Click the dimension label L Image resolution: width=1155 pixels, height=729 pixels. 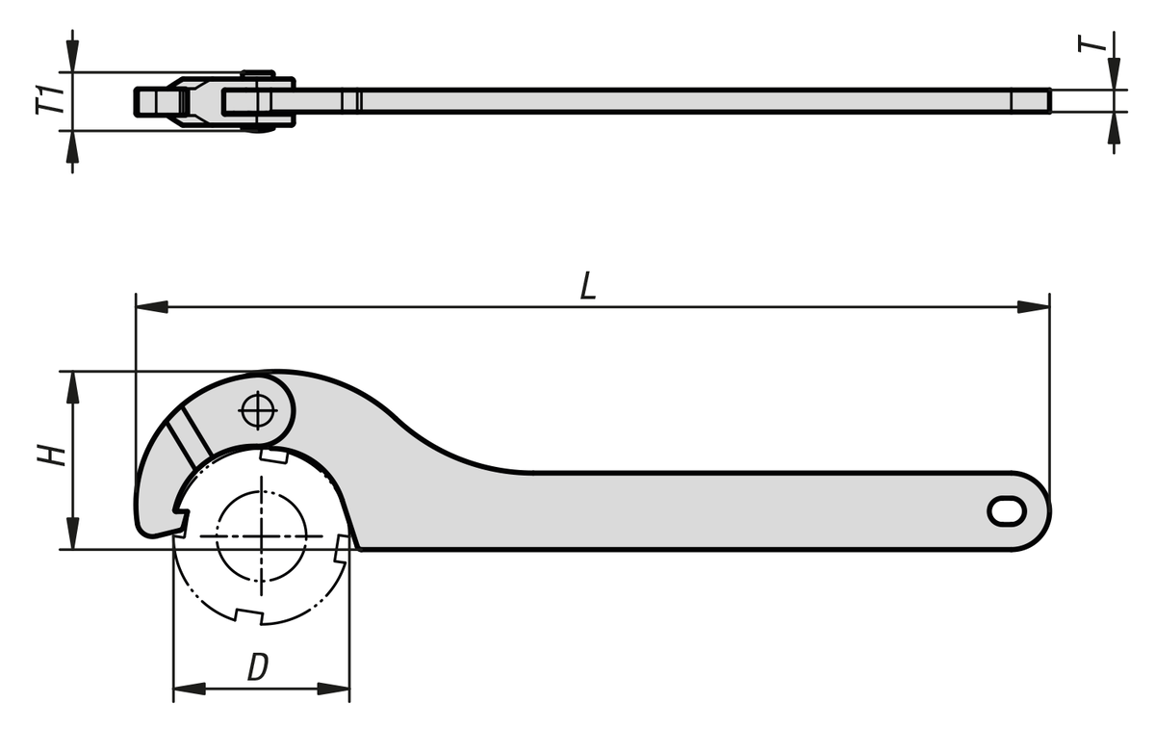point(588,286)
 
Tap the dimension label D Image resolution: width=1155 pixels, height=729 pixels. point(258,666)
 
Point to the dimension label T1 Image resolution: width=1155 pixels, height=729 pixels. point(50,100)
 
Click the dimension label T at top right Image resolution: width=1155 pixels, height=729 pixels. point(1092,43)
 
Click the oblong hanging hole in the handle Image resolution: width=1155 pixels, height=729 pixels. point(1007,511)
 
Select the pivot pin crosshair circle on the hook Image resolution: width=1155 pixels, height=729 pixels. point(258,410)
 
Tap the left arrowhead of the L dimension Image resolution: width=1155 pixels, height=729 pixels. point(152,307)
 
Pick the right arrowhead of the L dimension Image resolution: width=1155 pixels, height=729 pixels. point(1034,307)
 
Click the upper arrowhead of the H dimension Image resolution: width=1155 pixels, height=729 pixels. point(73,387)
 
